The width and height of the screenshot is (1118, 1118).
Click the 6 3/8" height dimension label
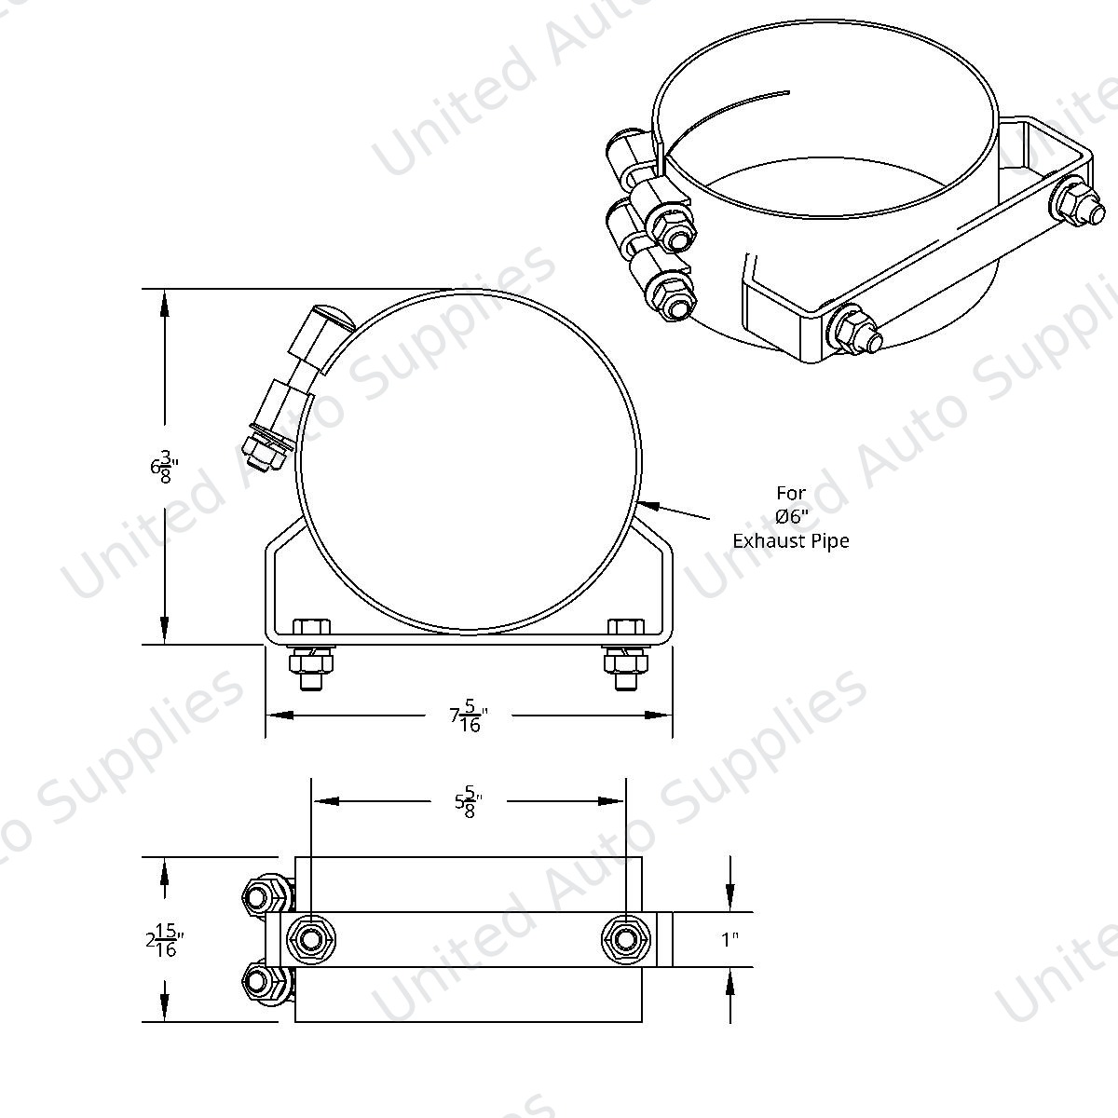point(164,467)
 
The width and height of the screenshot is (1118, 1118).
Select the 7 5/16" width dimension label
point(469,716)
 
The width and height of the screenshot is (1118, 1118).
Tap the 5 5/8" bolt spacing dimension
point(469,801)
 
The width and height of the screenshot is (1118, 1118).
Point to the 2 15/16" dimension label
point(165,939)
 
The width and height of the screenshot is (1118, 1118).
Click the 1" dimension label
point(729,939)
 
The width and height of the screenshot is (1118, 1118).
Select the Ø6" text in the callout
point(791,516)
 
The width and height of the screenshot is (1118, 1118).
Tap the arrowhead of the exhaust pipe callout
point(650,505)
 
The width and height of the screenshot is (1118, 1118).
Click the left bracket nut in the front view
point(311,661)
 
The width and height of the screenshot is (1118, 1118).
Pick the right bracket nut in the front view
point(625,661)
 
